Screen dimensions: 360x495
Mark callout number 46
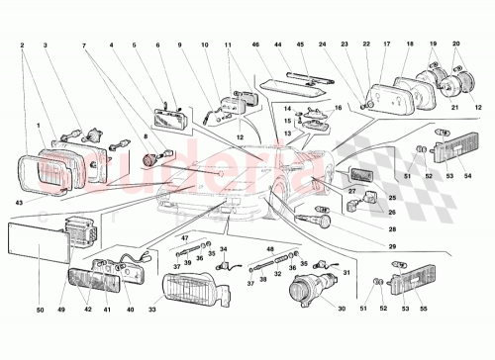[x=254, y=45]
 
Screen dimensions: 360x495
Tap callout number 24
[x=324, y=45]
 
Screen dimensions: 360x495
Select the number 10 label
[x=205, y=45]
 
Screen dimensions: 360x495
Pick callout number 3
[x=46, y=45]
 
